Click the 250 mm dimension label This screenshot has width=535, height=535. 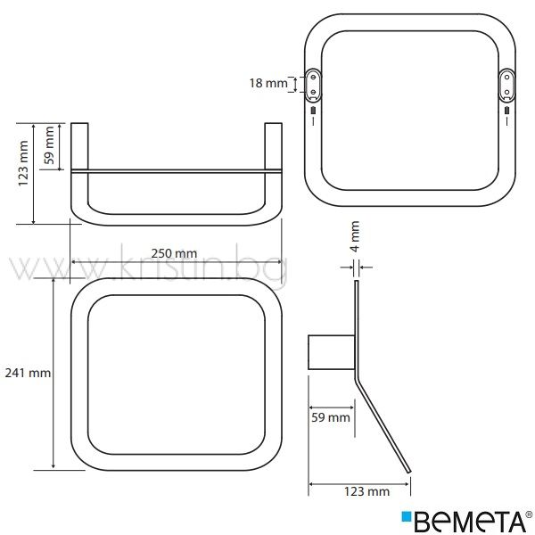coord(174,253)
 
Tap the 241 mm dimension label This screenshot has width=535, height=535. coord(28,373)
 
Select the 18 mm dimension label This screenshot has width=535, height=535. coord(268,83)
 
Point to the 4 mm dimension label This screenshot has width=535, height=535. coord(355,236)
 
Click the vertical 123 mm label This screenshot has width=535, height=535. coord(23,163)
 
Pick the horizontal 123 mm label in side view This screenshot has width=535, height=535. coord(366,491)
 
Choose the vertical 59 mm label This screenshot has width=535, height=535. coord(49,145)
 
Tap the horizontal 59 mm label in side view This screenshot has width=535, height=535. coord(331,417)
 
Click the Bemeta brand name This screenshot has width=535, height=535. coord(470,522)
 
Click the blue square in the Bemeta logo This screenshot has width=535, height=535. coord(407,516)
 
